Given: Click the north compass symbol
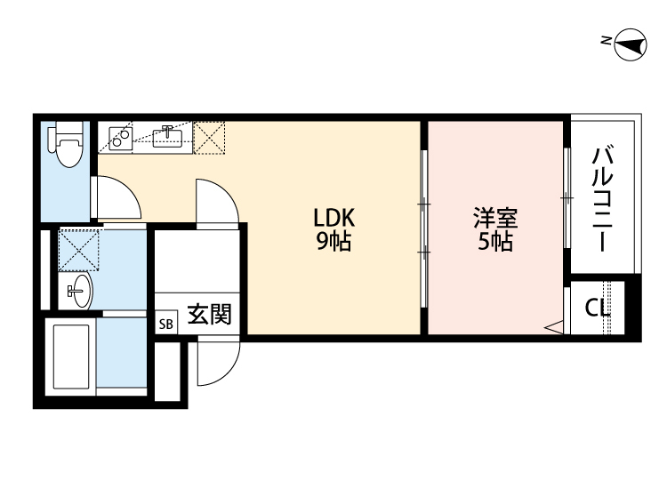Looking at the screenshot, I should tap(629, 44).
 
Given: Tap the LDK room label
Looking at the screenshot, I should tap(333, 217).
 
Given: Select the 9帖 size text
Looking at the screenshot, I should tap(333, 240).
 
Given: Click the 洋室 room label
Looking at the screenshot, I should tap(495, 217).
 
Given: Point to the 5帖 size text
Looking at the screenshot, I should tap(495, 240).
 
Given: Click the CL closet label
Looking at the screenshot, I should tap(598, 309).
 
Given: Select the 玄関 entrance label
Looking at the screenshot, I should tap(209, 316).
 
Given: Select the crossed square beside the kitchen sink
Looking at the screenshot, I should tap(210, 137).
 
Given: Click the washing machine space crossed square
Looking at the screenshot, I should tap(77, 248).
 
